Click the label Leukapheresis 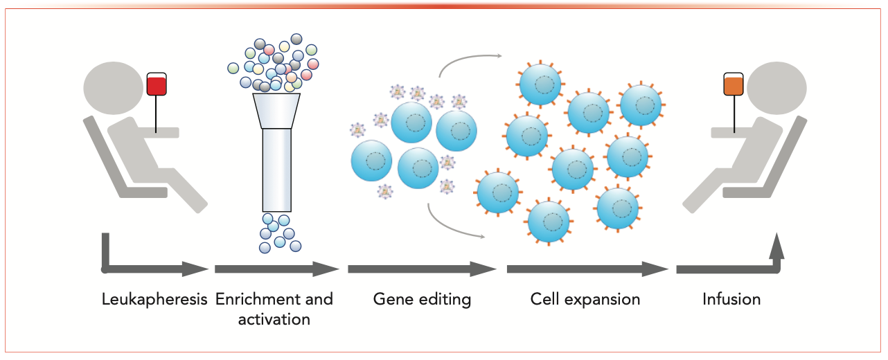pos(154,300)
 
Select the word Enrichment pos(252,299)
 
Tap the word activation pos(274,319)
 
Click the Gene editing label pos(422,300)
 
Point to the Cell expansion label pos(585,300)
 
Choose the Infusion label pos(731,300)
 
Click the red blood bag pos(157,84)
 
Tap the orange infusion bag pos(734,84)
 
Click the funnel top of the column pos(276,111)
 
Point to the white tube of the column pos(276,170)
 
